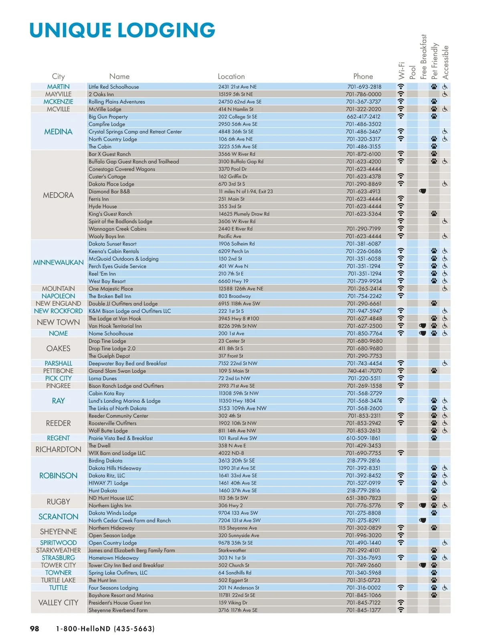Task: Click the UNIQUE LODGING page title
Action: point(122,30)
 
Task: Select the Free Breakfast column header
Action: point(423,57)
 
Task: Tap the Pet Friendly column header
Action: point(435,61)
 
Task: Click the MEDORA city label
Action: point(59,195)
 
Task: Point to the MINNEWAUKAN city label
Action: point(59,263)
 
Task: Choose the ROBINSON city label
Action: point(59,475)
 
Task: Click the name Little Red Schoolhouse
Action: point(114,87)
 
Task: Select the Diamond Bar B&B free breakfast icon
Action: point(422,191)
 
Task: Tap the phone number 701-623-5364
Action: point(364,214)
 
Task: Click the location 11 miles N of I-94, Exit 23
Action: point(246,191)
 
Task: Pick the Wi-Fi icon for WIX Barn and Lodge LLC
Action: point(401,453)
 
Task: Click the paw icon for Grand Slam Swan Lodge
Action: point(434,371)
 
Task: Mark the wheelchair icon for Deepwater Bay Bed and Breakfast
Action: point(445,363)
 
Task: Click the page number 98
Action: point(35,629)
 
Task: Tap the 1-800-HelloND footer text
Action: point(105,629)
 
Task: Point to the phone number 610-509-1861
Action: point(364,438)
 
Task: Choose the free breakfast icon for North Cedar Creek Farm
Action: point(422,520)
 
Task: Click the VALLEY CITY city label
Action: point(59,603)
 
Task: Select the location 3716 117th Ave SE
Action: point(238,610)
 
